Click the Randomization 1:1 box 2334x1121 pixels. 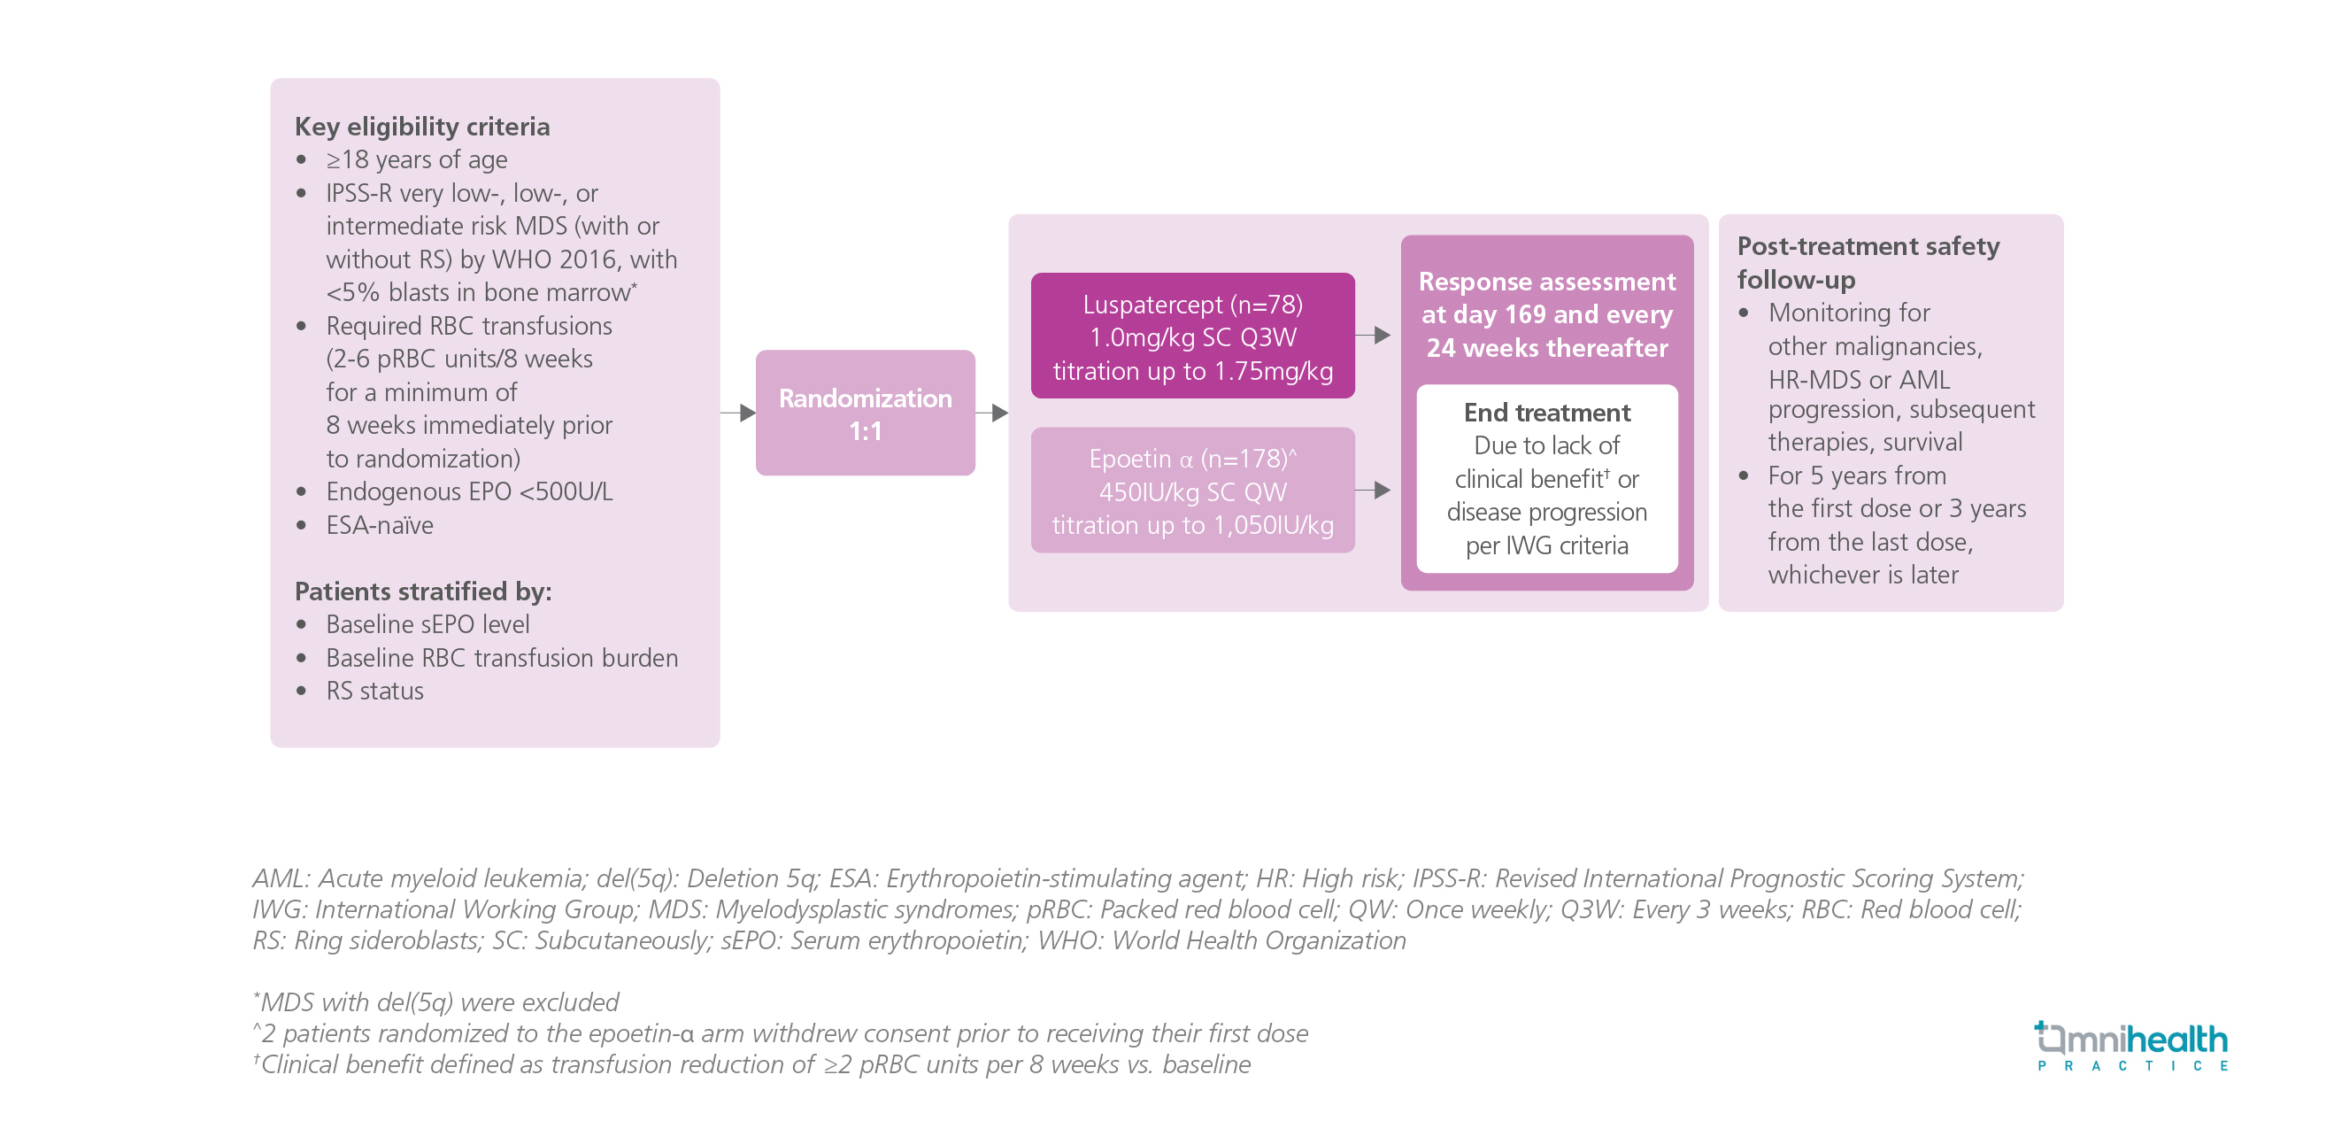865,414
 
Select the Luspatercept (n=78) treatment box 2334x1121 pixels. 1192,336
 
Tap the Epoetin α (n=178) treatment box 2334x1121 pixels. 1192,491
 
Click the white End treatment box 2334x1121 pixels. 1546,478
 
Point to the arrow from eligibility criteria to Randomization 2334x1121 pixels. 738,414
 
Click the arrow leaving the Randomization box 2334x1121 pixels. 992,414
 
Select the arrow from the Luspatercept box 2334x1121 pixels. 1374,336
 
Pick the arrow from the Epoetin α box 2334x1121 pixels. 1374,491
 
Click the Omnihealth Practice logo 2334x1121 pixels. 2131,1046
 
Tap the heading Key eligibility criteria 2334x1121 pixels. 422,126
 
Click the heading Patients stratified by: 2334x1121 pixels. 423,591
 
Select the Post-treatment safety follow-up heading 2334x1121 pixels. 1868,262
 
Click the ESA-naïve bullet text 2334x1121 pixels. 380,525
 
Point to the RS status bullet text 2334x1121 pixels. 375,691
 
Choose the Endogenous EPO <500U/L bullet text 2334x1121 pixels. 469,491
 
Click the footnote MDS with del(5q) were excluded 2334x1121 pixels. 437,1002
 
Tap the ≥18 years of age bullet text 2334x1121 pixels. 416,159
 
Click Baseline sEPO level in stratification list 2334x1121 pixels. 428,624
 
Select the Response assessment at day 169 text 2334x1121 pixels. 1546,313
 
